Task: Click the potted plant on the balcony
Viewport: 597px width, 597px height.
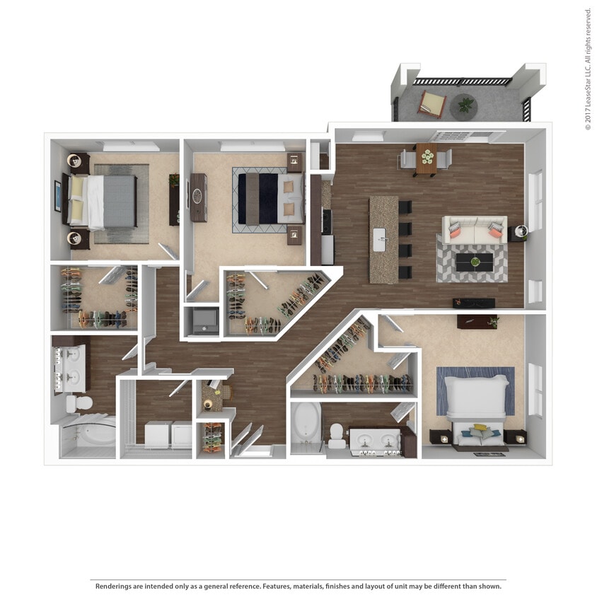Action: [465, 105]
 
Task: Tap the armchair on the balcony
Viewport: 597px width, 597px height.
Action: [431, 104]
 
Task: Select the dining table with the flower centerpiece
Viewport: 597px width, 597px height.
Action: [427, 157]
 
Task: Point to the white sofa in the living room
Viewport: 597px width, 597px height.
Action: [474, 230]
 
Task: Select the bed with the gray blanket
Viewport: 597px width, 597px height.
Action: [106, 201]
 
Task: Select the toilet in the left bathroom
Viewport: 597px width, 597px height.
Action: [78, 404]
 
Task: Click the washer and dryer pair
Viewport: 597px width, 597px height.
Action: [168, 434]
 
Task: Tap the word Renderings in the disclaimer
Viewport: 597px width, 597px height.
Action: [115, 586]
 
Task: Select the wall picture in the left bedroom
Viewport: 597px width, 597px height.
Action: [57, 196]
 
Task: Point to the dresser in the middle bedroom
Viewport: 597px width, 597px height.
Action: [199, 197]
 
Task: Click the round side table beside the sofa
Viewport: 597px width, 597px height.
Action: [521, 231]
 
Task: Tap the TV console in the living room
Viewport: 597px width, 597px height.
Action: [473, 303]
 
